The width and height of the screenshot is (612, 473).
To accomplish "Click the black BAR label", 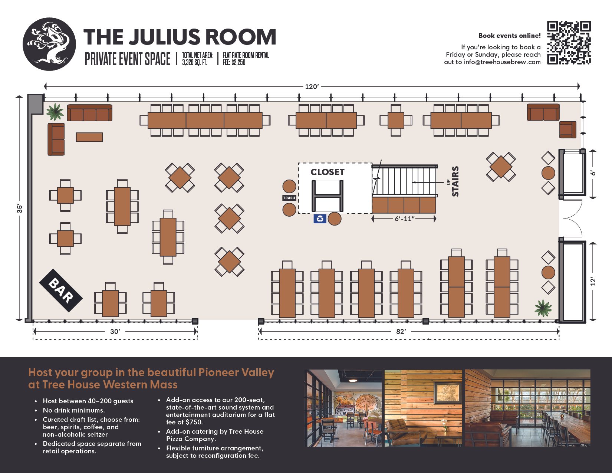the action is tap(61, 290).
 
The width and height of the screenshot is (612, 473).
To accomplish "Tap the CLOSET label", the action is tap(327, 172).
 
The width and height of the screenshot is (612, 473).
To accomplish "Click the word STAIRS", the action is tap(455, 181).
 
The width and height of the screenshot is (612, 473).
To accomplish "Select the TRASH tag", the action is tap(289, 198).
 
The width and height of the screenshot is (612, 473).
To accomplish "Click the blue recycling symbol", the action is tap(320, 219).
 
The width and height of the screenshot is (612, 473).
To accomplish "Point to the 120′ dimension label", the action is tap(312, 87).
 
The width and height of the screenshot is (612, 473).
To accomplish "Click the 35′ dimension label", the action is tap(20, 208).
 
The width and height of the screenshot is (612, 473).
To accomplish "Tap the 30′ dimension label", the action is tap(115, 332).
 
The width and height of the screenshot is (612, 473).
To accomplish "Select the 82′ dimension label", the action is tap(401, 332).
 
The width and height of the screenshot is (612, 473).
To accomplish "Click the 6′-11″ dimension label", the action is tap(404, 219).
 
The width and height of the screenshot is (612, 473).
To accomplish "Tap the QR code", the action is tap(569, 43).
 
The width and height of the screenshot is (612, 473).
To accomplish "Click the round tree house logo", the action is tap(49, 44).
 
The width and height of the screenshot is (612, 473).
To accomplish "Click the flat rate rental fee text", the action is tap(246, 59).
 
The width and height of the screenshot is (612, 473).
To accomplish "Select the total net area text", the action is tap(198, 59).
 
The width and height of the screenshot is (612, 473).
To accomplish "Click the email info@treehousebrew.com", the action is tap(502, 62).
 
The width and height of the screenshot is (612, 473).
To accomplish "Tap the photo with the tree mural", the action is tap(343, 408).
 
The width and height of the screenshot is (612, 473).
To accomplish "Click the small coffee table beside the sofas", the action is tap(89, 137).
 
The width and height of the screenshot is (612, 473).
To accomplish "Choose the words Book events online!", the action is tap(510, 36).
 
